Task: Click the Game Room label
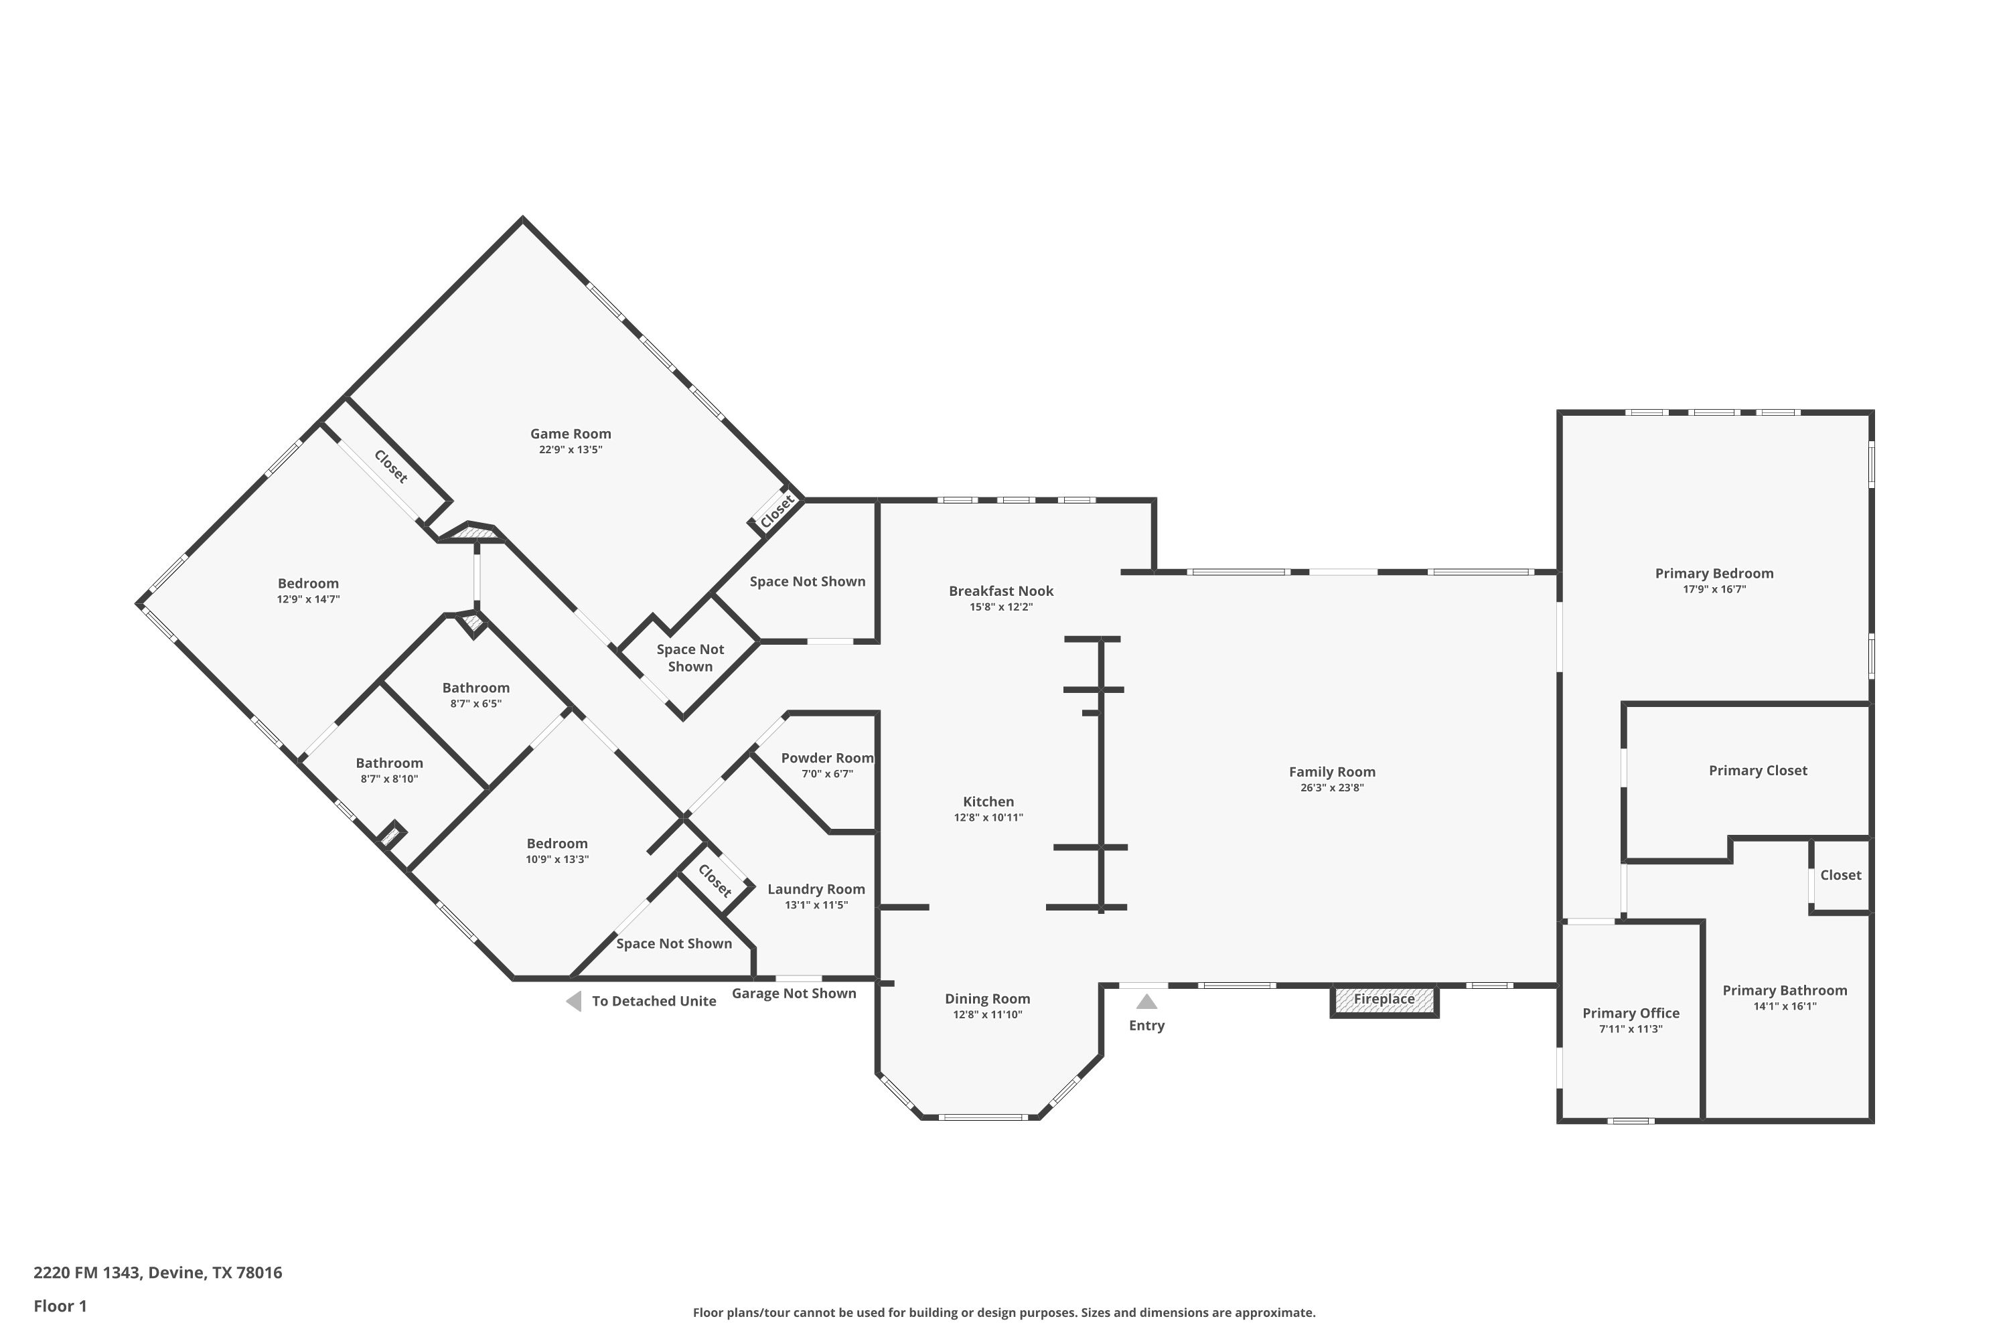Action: point(571,434)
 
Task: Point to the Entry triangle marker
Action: point(1146,1002)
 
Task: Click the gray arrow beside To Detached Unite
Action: point(574,1001)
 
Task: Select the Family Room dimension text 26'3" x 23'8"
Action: point(1332,787)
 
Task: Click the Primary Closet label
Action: point(1758,771)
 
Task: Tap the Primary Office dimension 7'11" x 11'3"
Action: point(1631,1029)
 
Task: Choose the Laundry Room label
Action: point(816,889)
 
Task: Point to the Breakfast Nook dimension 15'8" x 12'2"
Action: point(1001,607)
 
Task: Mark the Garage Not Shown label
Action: point(794,993)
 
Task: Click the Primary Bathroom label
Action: point(1785,991)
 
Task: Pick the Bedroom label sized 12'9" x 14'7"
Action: point(308,583)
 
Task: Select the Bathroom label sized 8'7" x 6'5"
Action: point(475,688)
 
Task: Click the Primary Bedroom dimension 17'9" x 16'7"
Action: point(1714,589)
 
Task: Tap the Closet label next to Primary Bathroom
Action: point(1841,874)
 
